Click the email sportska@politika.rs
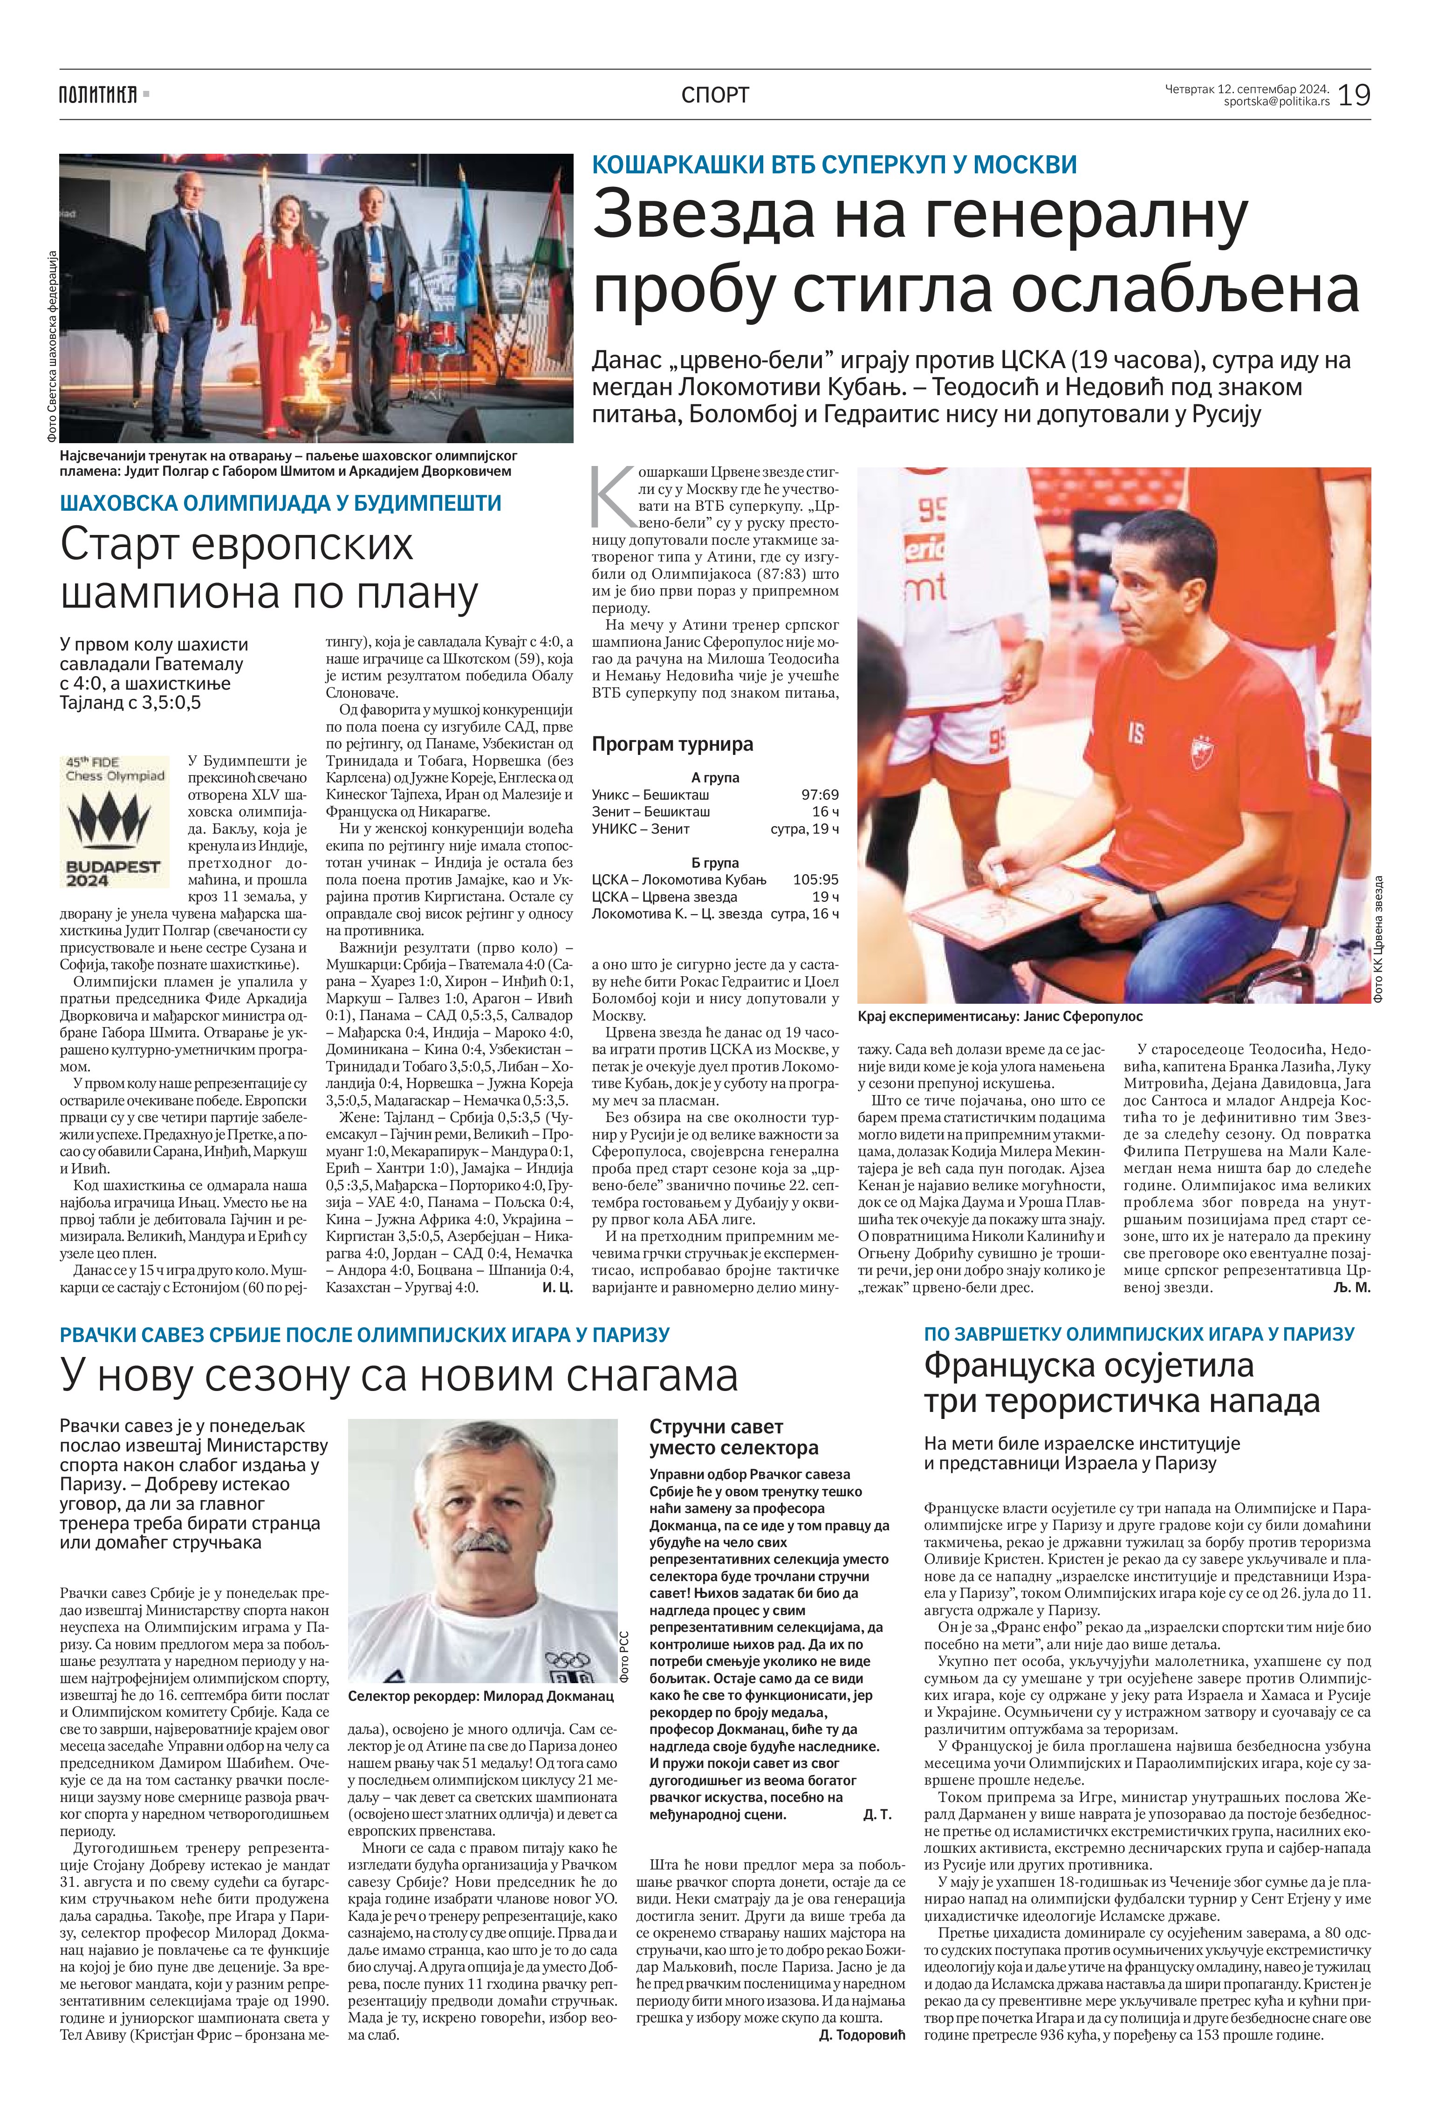pos(1276,102)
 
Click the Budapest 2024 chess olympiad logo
pos(115,822)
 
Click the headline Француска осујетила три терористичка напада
pos(1122,1382)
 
